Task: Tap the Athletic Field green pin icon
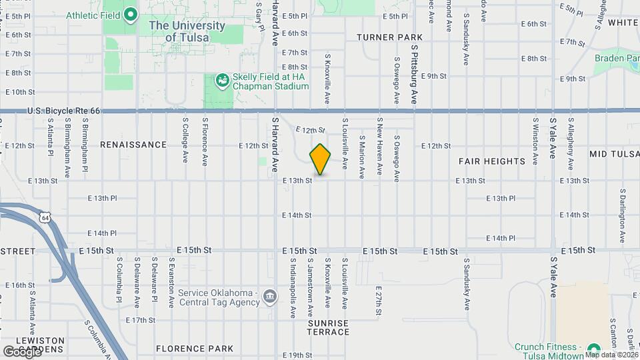pos(131,13)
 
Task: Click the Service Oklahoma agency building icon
pos(270,295)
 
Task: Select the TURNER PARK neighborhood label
pos(389,37)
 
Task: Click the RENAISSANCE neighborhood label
pos(133,145)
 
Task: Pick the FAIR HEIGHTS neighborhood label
pos(492,161)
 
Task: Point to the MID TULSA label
pos(613,154)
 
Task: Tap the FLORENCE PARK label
pos(195,349)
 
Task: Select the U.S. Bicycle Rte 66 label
pos(64,111)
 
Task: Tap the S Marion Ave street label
pos(362,157)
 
